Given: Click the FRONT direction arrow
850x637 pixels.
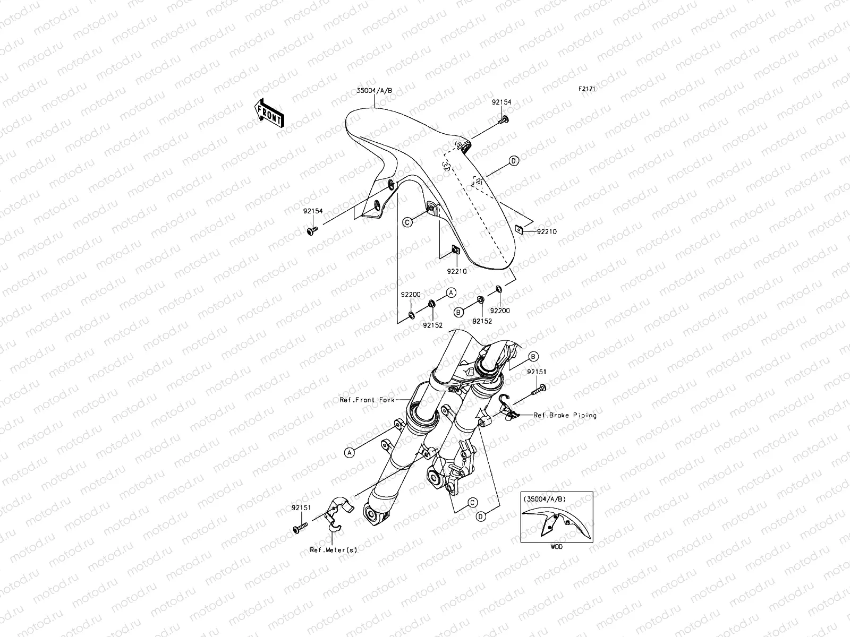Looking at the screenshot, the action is (x=269, y=113).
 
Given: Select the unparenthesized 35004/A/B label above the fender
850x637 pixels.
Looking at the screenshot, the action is (x=374, y=90).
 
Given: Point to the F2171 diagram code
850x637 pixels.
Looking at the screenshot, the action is (x=586, y=89).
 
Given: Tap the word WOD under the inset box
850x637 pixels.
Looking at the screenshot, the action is (x=556, y=547).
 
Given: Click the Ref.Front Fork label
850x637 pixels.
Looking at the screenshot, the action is (x=367, y=400).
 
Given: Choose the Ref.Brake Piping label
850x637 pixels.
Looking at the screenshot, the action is (x=565, y=415).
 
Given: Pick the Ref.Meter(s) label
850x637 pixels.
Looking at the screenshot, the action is (x=334, y=549).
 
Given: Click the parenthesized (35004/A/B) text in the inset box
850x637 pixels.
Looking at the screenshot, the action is (x=545, y=499).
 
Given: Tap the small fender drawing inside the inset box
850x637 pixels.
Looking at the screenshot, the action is (x=556, y=522).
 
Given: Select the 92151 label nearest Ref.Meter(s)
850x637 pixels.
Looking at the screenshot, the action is (x=301, y=507).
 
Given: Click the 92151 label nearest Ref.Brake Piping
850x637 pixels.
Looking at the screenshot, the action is (x=537, y=372).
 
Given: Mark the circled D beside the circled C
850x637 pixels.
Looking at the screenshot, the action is (x=481, y=517).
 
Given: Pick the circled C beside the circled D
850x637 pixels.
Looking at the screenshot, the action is (x=472, y=502).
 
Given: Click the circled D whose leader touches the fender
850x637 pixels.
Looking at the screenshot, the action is (x=514, y=160).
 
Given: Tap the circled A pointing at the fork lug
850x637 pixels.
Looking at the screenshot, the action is (x=349, y=452).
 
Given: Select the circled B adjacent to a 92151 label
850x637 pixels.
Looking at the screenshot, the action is (x=533, y=357).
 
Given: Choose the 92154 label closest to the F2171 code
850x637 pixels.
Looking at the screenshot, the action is (x=501, y=102).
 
